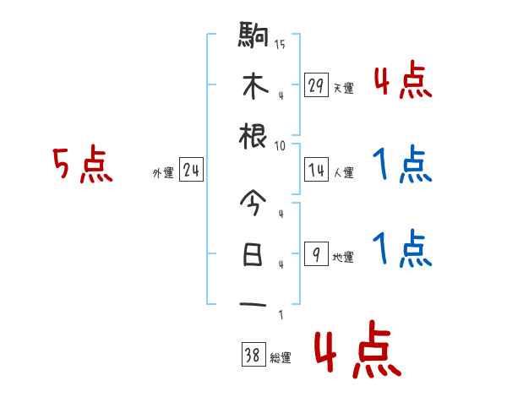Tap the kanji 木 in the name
[x=253, y=86]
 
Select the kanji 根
[x=253, y=136]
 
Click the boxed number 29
[x=316, y=85]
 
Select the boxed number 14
[x=316, y=171]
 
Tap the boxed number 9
[x=316, y=254]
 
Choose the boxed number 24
[x=191, y=171]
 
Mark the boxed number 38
[x=253, y=356]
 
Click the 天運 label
[x=343, y=88]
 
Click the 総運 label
[x=280, y=358]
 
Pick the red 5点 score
[x=82, y=166]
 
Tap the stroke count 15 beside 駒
[x=280, y=44]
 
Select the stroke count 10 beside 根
[x=280, y=144]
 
